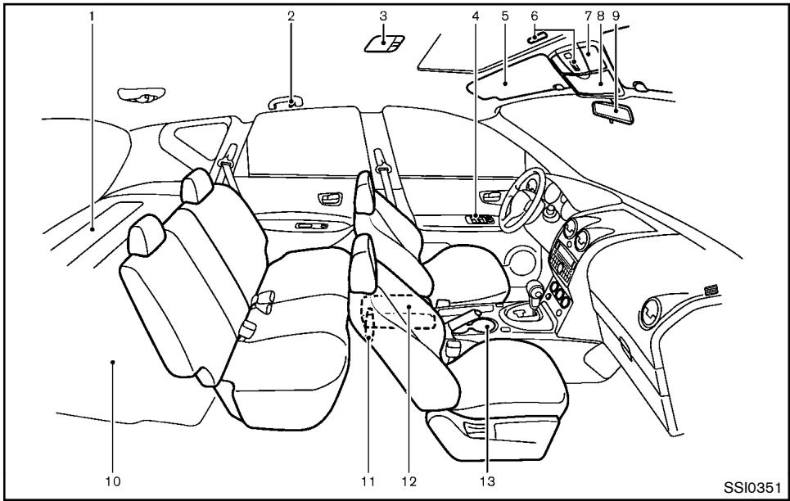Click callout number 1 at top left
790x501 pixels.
[93, 15]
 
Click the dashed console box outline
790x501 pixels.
[401, 311]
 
